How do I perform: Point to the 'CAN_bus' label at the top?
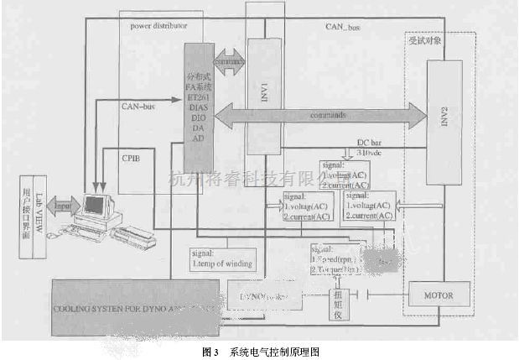343,28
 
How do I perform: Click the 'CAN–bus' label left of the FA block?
138,106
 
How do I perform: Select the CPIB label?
131,158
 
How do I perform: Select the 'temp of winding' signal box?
222,258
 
